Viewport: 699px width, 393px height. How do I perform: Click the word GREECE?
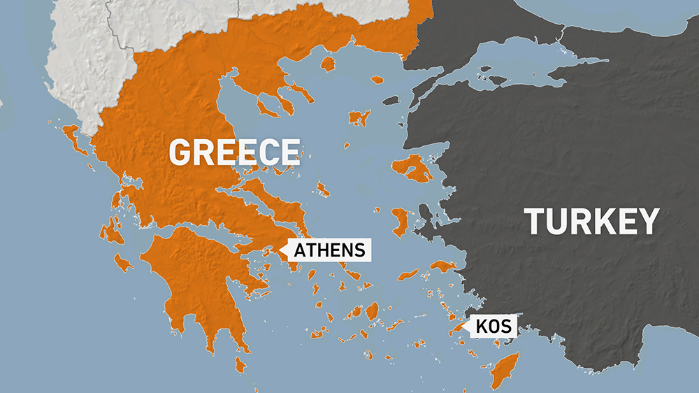[234, 152]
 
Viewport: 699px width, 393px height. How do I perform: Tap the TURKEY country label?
[592, 221]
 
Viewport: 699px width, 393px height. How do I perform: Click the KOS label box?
[494, 325]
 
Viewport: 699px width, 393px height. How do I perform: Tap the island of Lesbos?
[412, 169]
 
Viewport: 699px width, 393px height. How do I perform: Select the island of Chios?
[401, 221]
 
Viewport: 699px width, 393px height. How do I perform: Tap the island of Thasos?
[327, 64]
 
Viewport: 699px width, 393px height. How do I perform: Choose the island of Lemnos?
[359, 117]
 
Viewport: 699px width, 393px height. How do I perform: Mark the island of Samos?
[442, 266]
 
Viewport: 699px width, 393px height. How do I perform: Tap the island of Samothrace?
[377, 80]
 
